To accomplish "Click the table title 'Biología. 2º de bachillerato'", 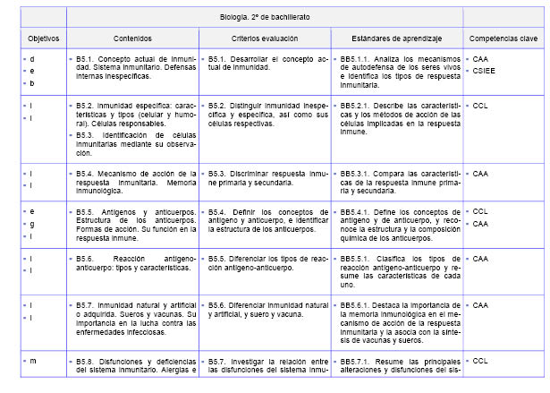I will (266, 17).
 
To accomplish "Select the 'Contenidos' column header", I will (132, 38).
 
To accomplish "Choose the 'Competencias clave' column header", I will (504, 38).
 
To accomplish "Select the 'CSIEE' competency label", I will (485, 70).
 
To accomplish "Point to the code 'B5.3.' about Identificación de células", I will (87, 133).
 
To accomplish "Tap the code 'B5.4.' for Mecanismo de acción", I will (87, 173).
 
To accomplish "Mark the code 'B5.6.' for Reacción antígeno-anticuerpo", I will (87, 259).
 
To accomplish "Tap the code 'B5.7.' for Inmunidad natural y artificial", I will (87, 305).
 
